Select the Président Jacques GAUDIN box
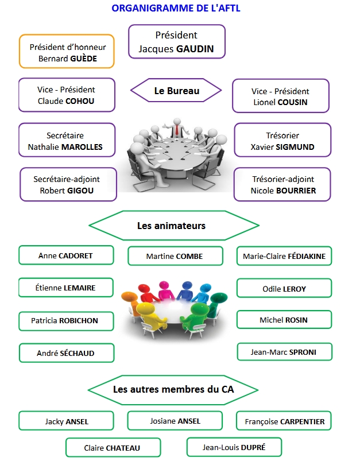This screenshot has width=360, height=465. (x=176, y=42)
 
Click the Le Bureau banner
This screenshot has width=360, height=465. (x=176, y=91)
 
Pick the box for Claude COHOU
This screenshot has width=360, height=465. (x=67, y=95)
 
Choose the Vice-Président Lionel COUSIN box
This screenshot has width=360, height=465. (x=280, y=96)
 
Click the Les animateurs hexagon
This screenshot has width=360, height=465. (x=171, y=226)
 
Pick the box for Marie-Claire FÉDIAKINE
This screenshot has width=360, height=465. (x=284, y=256)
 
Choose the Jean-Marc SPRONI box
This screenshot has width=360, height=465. (x=284, y=351)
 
